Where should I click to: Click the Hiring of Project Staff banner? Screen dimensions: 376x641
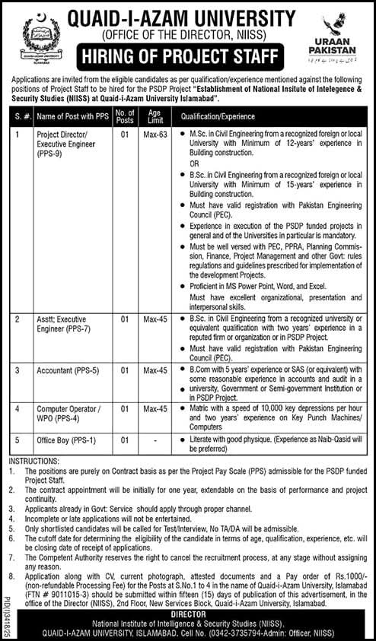pyautogui.click(x=180, y=56)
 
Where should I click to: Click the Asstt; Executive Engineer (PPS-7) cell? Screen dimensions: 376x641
pyautogui.click(x=61, y=324)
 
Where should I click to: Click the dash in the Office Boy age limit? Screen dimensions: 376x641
pyautogui.click(x=155, y=439)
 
